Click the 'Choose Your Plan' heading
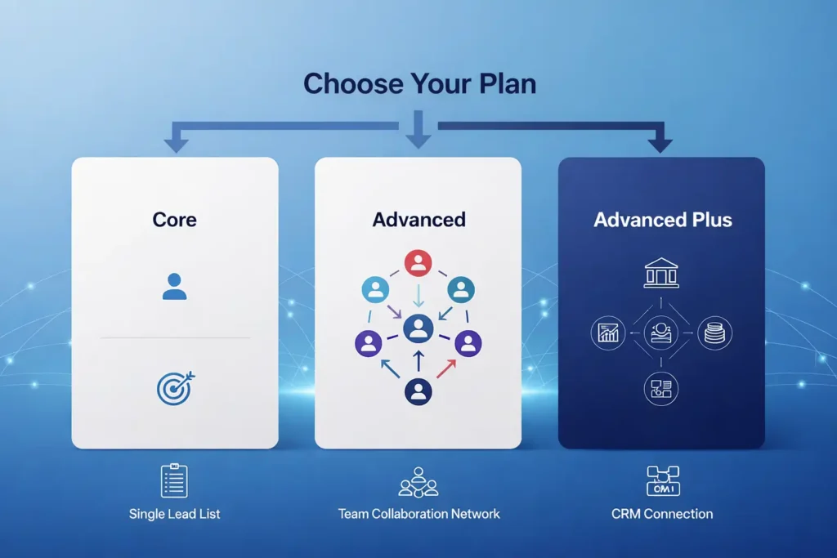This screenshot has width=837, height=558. (x=419, y=84)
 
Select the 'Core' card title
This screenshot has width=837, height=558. (x=174, y=219)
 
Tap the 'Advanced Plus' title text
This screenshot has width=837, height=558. (x=662, y=220)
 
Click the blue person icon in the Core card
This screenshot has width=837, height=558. (x=174, y=286)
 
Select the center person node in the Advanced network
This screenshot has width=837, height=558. (x=418, y=328)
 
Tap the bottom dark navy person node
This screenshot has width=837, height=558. (x=418, y=391)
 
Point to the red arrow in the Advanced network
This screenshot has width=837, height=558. (x=445, y=369)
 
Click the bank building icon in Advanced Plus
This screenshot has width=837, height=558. (x=661, y=273)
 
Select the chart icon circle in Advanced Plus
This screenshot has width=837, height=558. (x=606, y=333)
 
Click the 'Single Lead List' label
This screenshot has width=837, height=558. (x=174, y=514)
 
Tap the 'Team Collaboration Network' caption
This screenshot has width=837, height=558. (x=418, y=514)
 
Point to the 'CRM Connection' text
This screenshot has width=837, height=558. (x=662, y=514)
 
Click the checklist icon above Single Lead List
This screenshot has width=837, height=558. (x=174, y=480)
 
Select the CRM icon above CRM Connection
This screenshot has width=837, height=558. (x=662, y=480)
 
